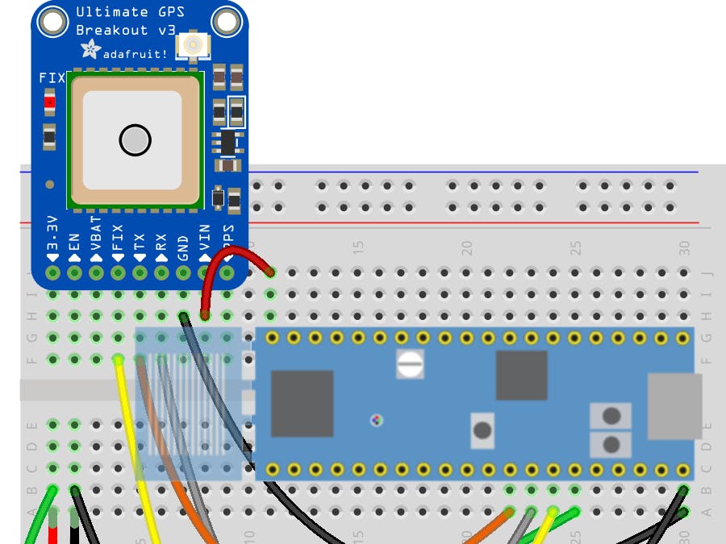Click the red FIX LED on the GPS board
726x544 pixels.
pos(50,102)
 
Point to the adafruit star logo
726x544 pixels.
pos(90,51)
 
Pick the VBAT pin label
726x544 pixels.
pos(96,237)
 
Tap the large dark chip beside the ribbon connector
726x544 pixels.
pos(302,403)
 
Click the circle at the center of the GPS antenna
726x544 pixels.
pos(135,140)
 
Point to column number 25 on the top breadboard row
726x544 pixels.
pos(575,245)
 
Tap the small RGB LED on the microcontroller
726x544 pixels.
pos(376,420)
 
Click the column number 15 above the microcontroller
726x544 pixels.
pos(357,245)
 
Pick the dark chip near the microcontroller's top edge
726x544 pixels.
pos(521,375)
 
